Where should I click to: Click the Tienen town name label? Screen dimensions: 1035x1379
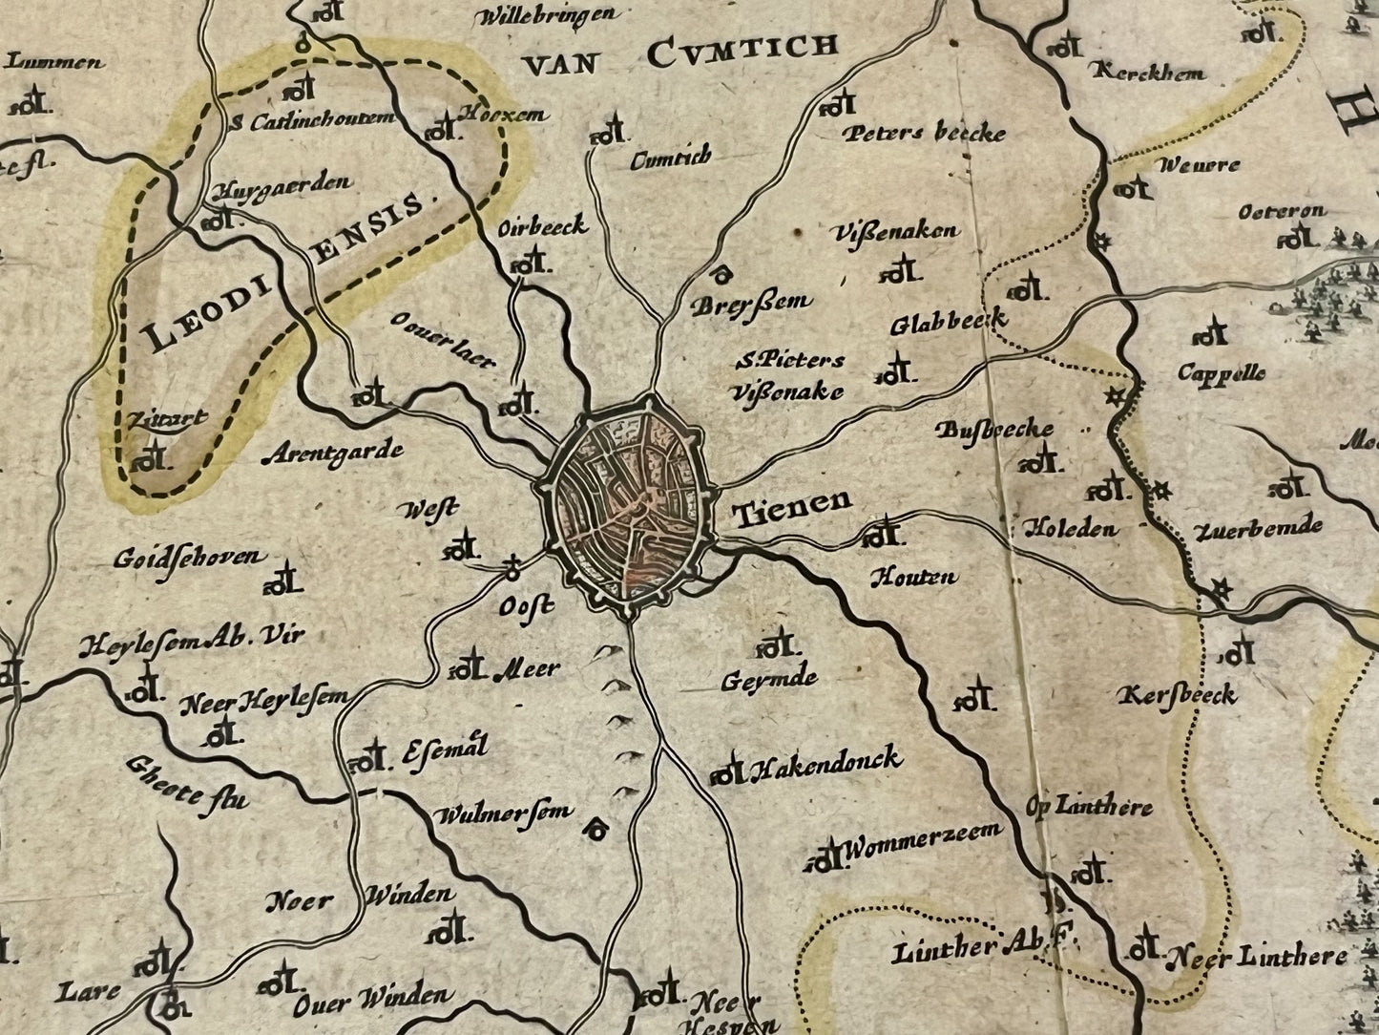791,508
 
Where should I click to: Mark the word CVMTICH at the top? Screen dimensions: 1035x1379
742,50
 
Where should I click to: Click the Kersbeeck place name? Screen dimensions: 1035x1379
1181,694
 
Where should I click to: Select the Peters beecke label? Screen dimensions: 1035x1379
923,133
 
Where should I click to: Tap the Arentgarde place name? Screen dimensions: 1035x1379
331,453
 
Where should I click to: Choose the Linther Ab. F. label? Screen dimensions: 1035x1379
984,949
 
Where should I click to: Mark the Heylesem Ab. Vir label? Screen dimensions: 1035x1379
190,641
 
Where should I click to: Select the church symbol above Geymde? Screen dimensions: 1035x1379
776,644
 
